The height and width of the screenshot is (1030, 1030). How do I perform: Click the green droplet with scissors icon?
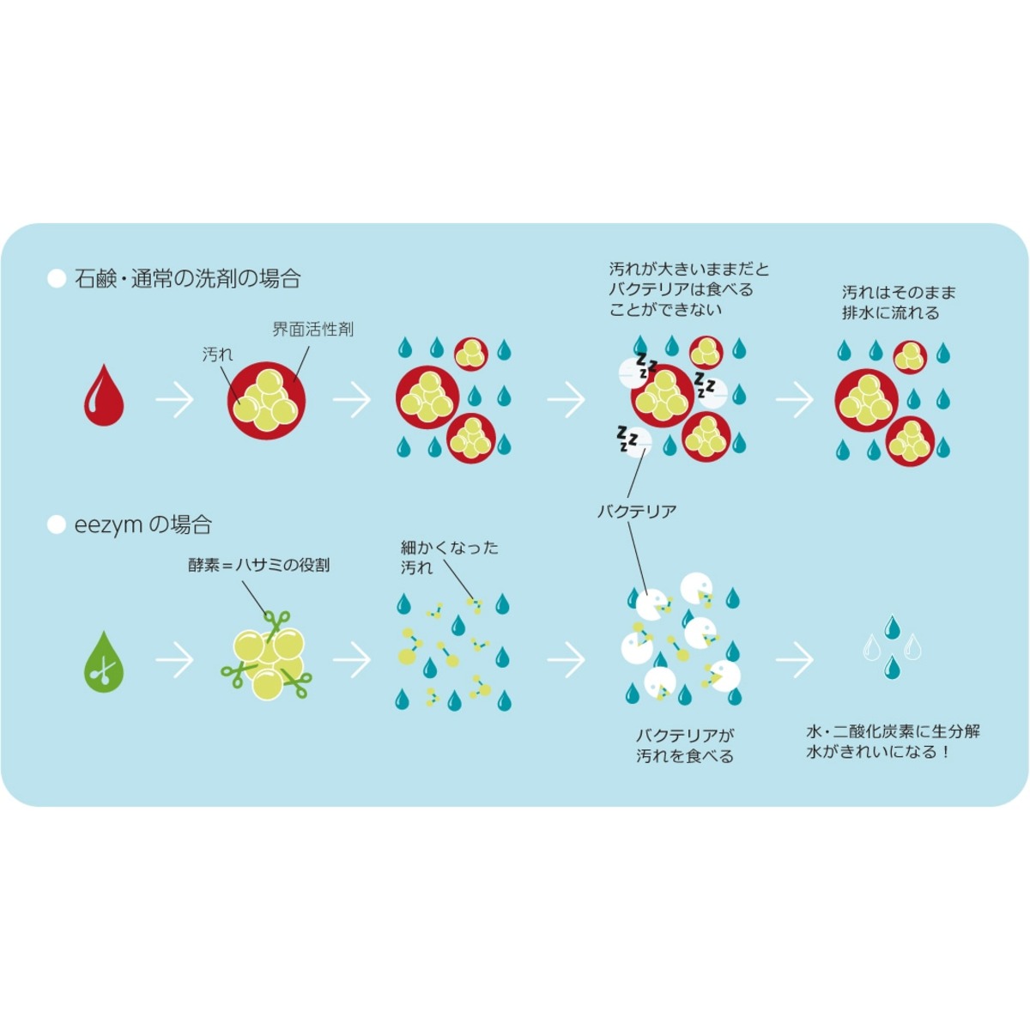point(103,662)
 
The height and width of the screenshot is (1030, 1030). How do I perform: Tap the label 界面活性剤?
point(312,329)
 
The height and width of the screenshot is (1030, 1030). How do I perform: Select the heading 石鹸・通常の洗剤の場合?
point(188,279)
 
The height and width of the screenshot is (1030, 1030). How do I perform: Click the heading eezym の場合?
point(143,524)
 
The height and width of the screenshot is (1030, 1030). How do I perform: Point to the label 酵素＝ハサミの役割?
point(258,566)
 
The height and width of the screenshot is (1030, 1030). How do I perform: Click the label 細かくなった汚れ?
point(449,557)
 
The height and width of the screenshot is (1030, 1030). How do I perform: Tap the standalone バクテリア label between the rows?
point(637,512)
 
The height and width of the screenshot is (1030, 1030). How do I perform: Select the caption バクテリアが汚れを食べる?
point(685,746)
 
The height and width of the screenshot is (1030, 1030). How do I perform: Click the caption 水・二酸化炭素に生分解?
point(893,732)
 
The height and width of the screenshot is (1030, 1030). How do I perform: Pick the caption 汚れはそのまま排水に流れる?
point(898,302)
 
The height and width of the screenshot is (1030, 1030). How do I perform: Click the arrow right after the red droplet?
point(175,399)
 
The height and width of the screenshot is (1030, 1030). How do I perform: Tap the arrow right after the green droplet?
point(175,660)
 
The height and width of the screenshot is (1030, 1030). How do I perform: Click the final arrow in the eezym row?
point(794,660)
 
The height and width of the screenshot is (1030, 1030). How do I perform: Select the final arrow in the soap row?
point(794,399)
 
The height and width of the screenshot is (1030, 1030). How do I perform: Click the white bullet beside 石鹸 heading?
point(57,279)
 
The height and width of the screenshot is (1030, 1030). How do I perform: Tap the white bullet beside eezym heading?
point(57,524)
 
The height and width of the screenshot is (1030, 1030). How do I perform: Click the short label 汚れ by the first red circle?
point(217,354)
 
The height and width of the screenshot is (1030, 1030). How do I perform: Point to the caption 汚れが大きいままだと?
point(688,270)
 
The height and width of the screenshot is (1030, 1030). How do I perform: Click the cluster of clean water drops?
point(892,646)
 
